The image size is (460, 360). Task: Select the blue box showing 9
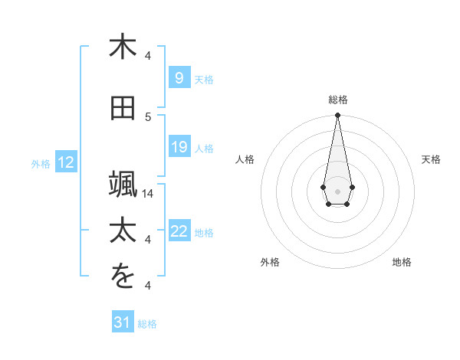[179, 78]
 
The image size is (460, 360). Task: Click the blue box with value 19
[179, 147]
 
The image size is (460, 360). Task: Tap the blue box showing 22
[179, 231]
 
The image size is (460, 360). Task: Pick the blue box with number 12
[66, 162]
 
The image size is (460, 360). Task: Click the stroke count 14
[149, 194]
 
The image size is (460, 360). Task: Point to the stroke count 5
[149, 116]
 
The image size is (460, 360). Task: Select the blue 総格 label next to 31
[147, 323]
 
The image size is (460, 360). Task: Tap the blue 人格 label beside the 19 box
[204, 148]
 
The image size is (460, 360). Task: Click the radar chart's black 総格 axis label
[337, 100]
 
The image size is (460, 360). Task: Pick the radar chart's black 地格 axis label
[402, 262]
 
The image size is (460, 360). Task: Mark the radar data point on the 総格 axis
[337, 116]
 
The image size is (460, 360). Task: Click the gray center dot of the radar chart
[337, 190]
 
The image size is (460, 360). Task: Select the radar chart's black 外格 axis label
[270, 262]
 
